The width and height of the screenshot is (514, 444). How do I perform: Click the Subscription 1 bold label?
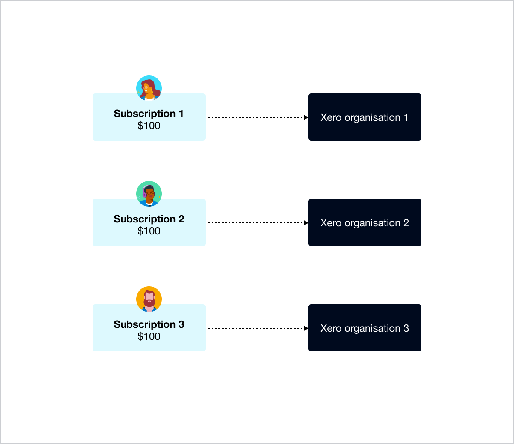coord(149,114)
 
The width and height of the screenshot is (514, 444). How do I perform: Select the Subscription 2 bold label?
coord(149,219)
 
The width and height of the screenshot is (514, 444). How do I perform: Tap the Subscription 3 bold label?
coord(149,324)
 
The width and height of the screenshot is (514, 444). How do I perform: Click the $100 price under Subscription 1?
coord(149,126)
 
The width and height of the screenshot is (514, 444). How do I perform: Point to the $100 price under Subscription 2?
coord(149,231)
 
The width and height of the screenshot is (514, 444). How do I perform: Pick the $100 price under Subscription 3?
coord(149,336)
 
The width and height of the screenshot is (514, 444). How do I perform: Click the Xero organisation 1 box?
coord(365,117)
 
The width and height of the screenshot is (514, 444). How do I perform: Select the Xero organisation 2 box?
coord(365,222)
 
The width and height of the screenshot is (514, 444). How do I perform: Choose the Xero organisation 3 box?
coord(365,328)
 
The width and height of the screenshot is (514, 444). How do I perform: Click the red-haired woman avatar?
coord(149,88)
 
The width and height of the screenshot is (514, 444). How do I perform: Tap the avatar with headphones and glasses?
coord(149,194)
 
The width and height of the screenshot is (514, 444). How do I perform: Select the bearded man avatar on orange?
coord(149,299)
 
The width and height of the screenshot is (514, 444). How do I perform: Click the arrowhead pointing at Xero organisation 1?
coord(306,117)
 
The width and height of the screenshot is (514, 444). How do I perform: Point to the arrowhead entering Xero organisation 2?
coord(306,223)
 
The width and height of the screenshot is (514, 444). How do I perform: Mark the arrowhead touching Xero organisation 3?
coord(306,328)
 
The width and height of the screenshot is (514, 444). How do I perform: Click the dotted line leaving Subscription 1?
coord(255,117)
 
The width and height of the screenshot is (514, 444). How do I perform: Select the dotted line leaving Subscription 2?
coord(255,223)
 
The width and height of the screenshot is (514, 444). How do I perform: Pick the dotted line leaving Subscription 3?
coord(255,328)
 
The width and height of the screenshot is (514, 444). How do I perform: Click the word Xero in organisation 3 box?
coord(331,328)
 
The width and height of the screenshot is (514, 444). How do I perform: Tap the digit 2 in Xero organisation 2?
coord(406,223)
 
